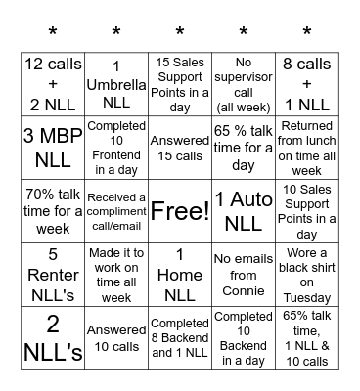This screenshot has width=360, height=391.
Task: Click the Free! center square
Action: pyautogui.click(x=180, y=210)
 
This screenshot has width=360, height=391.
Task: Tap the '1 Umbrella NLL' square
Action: pyautogui.click(x=116, y=84)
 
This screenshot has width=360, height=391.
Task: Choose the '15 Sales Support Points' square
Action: pyautogui.click(x=180, y=84)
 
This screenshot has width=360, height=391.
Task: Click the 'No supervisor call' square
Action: pyautogui.click(x=244, y=84)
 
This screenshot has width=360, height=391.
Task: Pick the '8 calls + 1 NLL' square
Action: pyautogui.click(x=307, y=84)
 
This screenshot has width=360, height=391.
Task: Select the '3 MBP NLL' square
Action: pyautogui.click(x=52, y=148)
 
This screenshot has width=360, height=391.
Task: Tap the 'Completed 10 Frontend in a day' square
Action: pyautogui.click(x=116, y=148)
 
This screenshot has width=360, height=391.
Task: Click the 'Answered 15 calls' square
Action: pyautogui.click(x=180, y=148)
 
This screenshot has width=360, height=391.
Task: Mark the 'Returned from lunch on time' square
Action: pyautogui.click(x=307, y=148)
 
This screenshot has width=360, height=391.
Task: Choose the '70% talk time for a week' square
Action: pyautogui.click(x=52, y=210)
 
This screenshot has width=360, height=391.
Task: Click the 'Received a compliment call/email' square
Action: pyautogui.click(x=116, y=210)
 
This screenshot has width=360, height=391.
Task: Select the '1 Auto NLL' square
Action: pyautogui.click(x=244, y=210)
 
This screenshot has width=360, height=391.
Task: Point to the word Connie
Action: pyautogui.click(x=244, y=290)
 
